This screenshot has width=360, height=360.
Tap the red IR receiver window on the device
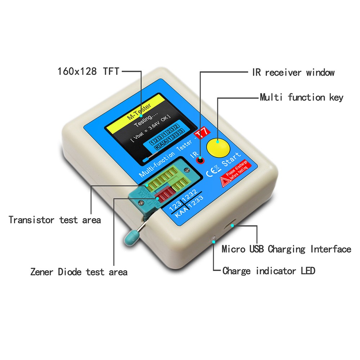tap(199, 161)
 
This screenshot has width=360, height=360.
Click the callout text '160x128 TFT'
tap(88, 71)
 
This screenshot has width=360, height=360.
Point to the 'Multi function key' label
tap(302, 97)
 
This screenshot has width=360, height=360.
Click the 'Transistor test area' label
tap(55, 220)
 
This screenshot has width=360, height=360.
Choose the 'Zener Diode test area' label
tap(79, 272)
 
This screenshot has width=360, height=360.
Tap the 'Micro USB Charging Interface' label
tap(286, 249)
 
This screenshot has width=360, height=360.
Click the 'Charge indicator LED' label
tap(269, 271)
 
